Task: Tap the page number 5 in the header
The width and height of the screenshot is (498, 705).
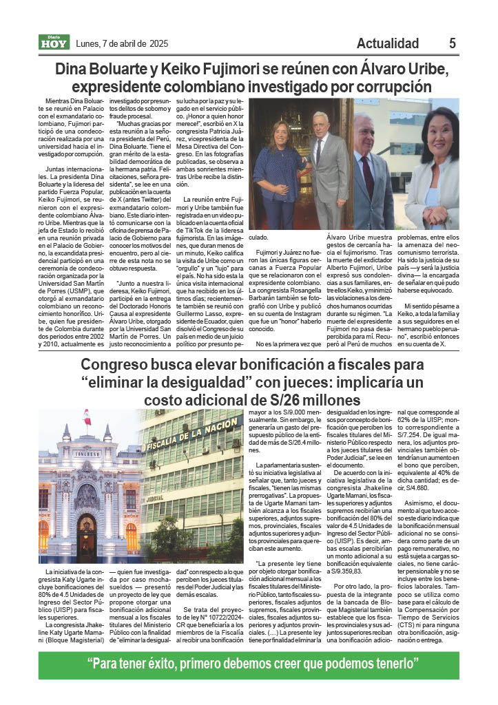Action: (453, 43)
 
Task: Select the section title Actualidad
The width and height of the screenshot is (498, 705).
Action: (388, 43)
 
